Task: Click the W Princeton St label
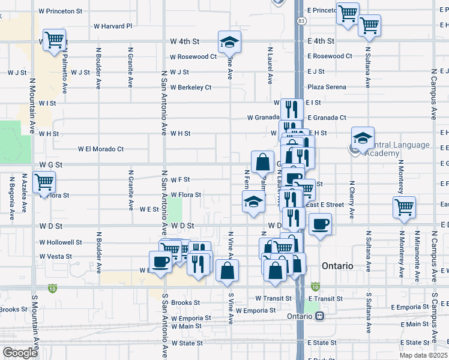click(60, 11)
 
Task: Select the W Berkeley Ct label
click(191, 87)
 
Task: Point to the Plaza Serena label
click(327, 87)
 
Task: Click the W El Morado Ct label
click(101, 149)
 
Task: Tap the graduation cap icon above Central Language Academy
click(363, 139)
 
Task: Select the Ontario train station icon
click(321, 316)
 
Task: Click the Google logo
click(20, 353)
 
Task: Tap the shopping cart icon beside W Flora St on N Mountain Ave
click(44, 182)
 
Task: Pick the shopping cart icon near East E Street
click(404, 207)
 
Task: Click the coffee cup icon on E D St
click(319, 224)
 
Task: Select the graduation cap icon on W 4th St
click(229, 42)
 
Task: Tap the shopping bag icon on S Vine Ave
click(228, 271)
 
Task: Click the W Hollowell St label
click(61, 242)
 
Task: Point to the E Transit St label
click(325, 298)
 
